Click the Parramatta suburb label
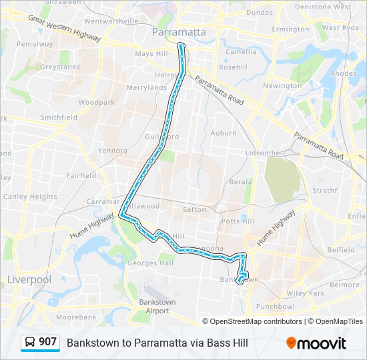179,32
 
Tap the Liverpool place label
29,279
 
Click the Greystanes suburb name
59,67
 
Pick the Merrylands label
147,87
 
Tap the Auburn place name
224,133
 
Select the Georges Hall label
151,263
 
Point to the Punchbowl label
275,307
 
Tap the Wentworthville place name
111,21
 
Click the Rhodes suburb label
344,73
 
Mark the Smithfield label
59,117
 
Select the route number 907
47,342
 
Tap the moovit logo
316,343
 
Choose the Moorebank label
76,317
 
